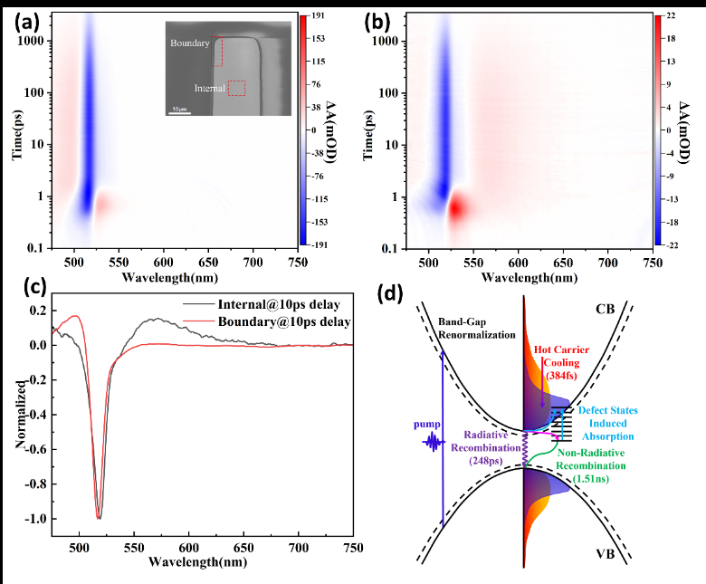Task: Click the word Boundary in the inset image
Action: point(189,42)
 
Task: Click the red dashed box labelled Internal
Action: point(236,88)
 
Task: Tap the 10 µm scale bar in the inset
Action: point(179,112)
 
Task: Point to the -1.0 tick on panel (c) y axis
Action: point(39,518)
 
